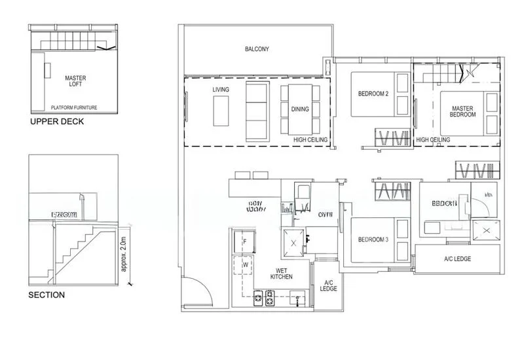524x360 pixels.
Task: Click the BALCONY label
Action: click(x=257, y=50)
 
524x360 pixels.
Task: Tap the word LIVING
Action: click(x=220, y=89)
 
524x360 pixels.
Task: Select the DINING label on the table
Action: click(x=300, y=109)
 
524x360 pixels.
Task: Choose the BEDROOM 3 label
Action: click(x=373, y=240)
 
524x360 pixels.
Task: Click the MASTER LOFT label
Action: click(x=75, y=81)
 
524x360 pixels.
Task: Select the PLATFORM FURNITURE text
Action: click(x=76, y=107)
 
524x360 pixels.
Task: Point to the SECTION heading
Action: click(x=47, y=295)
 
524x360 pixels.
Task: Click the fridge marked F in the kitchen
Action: click(x=244, y=242)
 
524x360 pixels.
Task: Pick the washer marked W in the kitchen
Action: click(x=244, y=265)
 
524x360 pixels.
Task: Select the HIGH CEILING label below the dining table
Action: click(x=310, y=140)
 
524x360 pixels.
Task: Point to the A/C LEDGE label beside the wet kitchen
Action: click(x=329, y=285)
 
